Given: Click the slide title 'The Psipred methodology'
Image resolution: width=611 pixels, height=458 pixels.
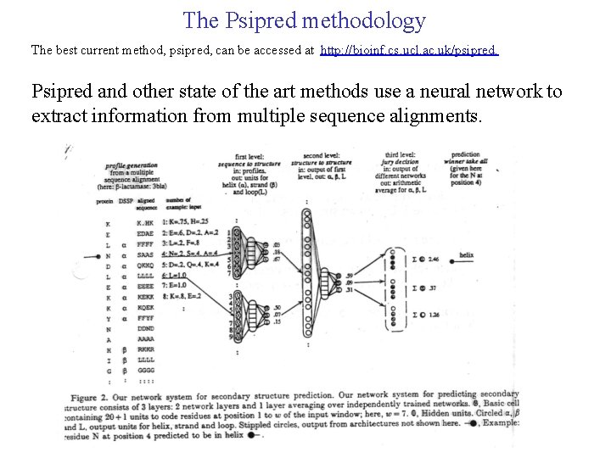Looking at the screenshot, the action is pos(304,20).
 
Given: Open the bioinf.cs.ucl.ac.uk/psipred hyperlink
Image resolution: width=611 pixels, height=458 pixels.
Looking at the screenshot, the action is pos(410,51).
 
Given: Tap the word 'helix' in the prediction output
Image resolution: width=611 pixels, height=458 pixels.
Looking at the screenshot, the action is pos(467,254).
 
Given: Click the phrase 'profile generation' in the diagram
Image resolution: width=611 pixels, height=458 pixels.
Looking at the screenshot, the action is pos(131,165).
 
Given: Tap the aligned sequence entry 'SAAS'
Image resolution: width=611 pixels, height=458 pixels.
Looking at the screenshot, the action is pos(145,253).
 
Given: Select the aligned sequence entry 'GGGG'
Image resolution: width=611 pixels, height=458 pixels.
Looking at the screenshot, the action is pos(145,370).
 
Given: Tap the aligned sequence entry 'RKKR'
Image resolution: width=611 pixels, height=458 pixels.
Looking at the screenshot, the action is pos(145,349).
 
